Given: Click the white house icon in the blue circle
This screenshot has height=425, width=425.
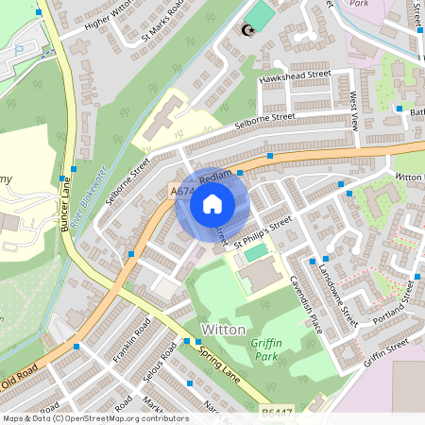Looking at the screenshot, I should coord(212,203).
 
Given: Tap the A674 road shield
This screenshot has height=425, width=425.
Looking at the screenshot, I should coord(181,192).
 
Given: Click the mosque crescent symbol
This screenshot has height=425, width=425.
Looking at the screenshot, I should coord(249,30).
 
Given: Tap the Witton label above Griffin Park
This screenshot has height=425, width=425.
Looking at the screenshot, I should coord(223,330).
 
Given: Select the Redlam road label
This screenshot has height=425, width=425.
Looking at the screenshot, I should coord(215,178).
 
